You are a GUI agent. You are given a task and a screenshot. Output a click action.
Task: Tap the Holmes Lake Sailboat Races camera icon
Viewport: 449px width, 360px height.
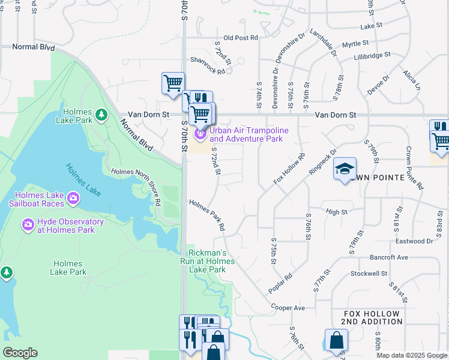(73, 197)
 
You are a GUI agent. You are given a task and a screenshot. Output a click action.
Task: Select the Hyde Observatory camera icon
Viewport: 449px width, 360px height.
(28, 226)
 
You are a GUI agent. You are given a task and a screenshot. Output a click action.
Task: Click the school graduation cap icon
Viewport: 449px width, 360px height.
(345, 169)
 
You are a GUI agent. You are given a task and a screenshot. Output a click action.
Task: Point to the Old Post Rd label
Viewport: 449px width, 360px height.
(240, 37)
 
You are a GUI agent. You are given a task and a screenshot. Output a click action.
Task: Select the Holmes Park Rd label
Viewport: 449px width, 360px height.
(207, 215)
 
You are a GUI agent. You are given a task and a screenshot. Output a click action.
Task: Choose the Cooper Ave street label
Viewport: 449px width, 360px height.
(288, 308)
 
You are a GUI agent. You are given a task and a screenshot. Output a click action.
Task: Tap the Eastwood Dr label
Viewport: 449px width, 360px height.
(414, 241)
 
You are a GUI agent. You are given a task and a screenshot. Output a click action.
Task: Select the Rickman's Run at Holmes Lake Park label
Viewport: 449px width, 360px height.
(206, 262)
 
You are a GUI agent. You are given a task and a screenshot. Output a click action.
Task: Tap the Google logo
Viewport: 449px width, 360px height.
(20, 353)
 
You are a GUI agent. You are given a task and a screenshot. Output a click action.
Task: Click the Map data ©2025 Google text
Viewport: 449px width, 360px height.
(412, 355)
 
